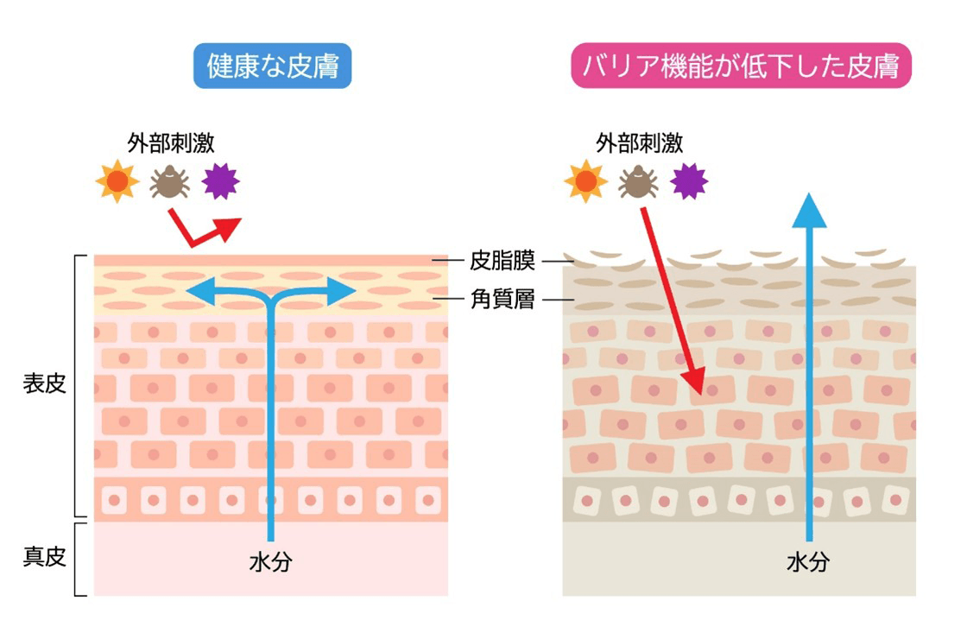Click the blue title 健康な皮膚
pos(273,66)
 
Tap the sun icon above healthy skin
pos(117,180)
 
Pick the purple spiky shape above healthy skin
pos(220,180)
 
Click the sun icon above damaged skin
pos(585,180)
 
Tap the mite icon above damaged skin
pos(637,180)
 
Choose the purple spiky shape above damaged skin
pos(689,180)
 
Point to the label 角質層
pos(502,300)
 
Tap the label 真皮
pos(44,557)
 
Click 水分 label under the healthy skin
pos(270,563)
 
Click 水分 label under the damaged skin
pos(809,563)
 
